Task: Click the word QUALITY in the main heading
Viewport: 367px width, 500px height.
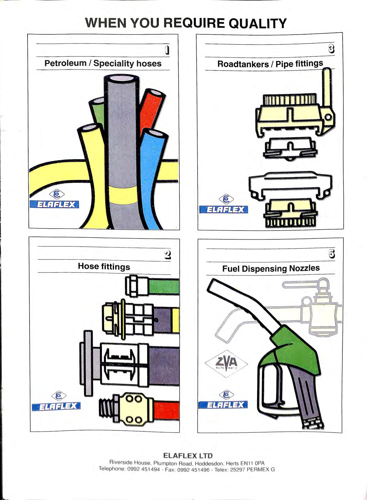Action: pos(257,23)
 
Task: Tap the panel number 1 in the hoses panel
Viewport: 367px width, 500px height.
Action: pos(167,50)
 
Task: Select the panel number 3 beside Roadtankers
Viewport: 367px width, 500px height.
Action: pos(331,49)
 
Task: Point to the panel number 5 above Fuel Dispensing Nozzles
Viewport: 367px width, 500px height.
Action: pos(332,254)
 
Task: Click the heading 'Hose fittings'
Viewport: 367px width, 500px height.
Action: pos(104,266)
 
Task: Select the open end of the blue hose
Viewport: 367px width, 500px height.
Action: pos(154,133)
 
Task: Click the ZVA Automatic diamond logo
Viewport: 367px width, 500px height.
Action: pos(226,363)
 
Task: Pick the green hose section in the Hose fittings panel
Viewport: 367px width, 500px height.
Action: pos(164,286)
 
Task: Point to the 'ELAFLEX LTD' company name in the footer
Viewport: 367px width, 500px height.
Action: pos(188,456)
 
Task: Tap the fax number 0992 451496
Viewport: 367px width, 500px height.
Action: pos(193,470)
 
